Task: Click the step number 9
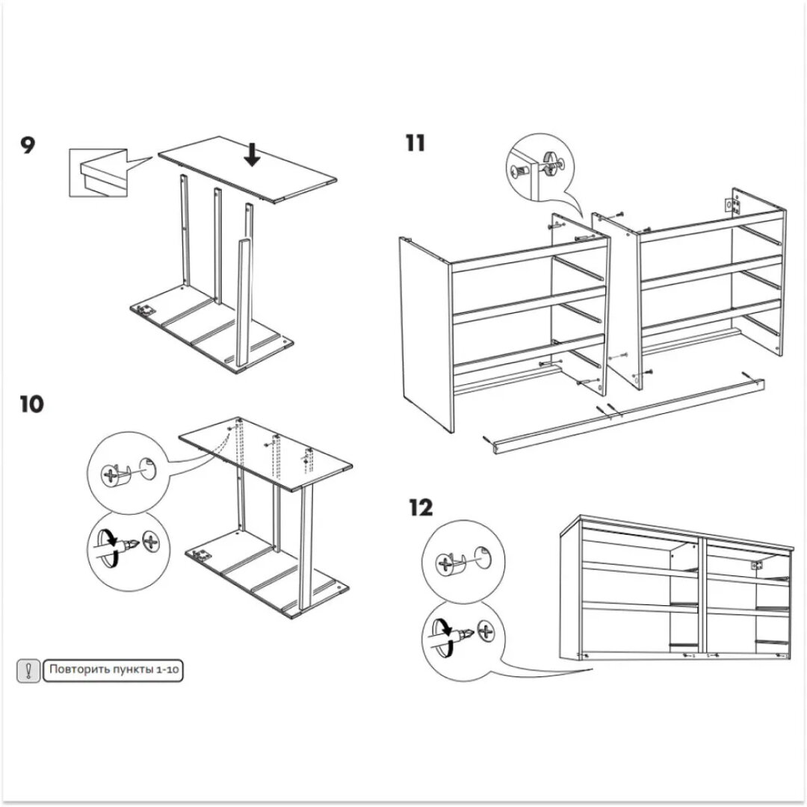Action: point(27,145)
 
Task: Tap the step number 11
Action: point(416,143)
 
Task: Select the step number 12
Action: point(421,509)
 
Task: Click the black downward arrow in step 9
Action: point(253,154)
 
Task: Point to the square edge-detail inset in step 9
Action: point(98,173)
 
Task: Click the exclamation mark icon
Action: point(28,670)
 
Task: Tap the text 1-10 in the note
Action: point(167,670)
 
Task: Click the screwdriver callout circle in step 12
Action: point(460,637)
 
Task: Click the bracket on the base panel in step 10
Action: point(200,554)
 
